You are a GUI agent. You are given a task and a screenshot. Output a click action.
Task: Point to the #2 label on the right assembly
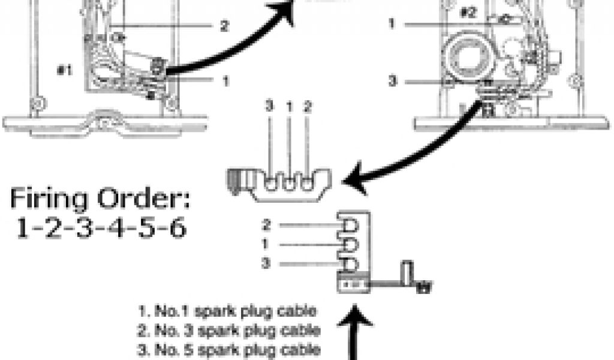click(x=468, y=12)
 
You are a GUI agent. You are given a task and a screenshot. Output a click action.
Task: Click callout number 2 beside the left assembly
click(x=224, y=26)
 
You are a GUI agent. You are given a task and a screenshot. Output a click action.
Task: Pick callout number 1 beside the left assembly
click(x=225, y=79)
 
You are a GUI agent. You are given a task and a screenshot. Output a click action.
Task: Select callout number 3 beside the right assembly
click(x=392, y=80)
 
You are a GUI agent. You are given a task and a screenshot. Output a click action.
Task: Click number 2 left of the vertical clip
click(x=267, y=226)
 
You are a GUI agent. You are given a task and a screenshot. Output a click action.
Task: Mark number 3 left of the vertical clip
click(x=267, y=263)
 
